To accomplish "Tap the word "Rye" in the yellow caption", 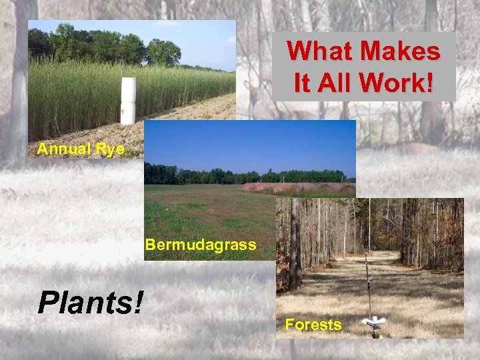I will pos(110,149).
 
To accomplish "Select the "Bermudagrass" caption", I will pos(200,245).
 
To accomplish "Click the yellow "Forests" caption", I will pos(313,325).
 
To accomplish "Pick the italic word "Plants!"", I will pos(91,302).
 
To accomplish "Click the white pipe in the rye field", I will pos(128,100).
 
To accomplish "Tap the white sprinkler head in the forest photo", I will pos(373,323).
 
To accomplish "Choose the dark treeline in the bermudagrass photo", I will pos(200,176).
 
